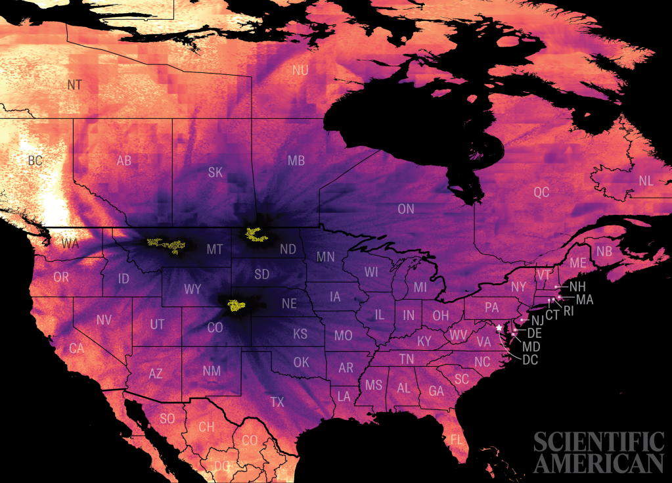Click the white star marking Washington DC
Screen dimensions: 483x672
(x=499, y=327)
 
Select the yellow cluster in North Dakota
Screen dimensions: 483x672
(x=256, y=234)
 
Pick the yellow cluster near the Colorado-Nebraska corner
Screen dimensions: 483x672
(x=235, y=305)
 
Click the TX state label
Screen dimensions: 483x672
(x=277, y=402)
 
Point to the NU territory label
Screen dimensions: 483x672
(x=300, y=70)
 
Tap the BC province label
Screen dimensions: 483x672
(x=35, y=160)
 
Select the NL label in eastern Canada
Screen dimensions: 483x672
(x=646, y=181)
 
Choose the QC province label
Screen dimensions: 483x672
(x=541, y=193)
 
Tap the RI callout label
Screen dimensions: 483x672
(x=569, y=310)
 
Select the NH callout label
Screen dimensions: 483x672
(x=577, y=287)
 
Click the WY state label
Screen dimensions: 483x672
(x=192, y=289)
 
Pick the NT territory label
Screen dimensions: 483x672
(x=75, y=85)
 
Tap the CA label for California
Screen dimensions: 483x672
(x=76, y=349)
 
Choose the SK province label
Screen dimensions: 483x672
(x=215, y=172)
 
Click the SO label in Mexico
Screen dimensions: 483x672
(x=168, y=418)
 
